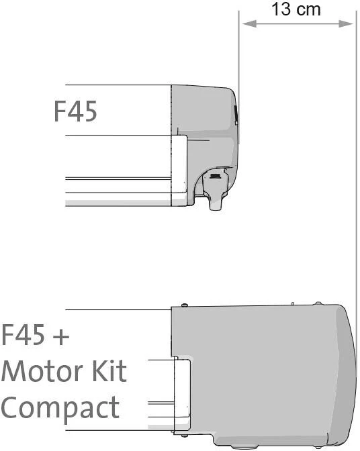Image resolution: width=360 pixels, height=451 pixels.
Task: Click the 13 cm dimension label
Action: coord(296,9)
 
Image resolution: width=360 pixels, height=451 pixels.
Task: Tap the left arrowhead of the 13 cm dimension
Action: coord(249,24)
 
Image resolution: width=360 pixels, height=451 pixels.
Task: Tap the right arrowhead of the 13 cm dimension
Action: coord(346,24)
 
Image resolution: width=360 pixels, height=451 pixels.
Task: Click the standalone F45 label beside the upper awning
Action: coord(75,111)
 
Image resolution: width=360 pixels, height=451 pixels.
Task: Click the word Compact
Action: coord(60,408)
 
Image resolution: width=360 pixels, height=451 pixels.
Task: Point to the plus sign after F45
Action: coord(61,336)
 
